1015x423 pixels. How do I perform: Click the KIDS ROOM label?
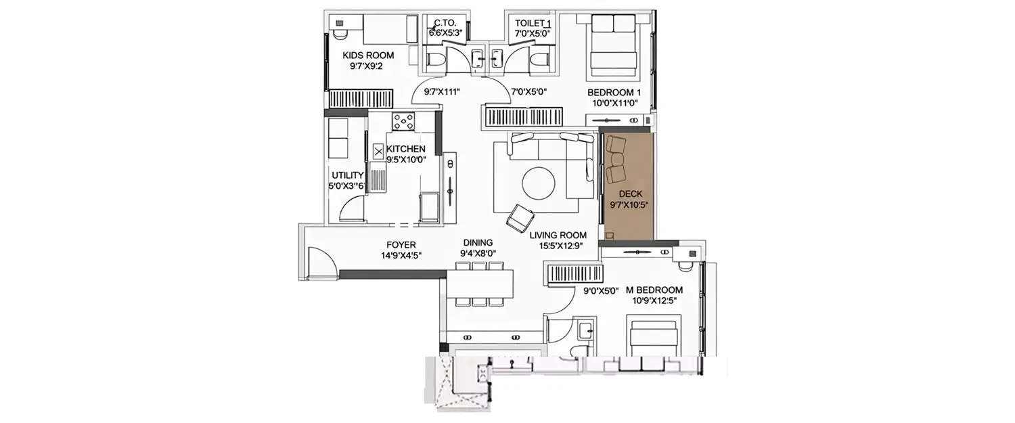pyautogui.click(x=368, y=55)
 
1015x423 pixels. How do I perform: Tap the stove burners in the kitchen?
pyautogui.click(x=403, y=121)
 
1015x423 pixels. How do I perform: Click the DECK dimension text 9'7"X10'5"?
pyautogui.click(x=627, y=204)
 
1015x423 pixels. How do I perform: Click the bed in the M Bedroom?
pyautogui.click(x=653, y=337)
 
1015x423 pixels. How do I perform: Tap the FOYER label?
pyautogui.click(x=401, y=244)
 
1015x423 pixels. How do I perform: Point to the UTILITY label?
pyautogui.click(x=348, y=175)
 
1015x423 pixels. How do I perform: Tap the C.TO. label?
pyautogui.click(x=444, y=22)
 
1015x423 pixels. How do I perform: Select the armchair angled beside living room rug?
pyautogui.click(x=520, y=218)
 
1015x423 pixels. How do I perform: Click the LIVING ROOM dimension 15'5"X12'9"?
pyautogui.click(x=558, y=246)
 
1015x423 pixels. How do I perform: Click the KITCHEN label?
pyautogui.click(x=406, y=149)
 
